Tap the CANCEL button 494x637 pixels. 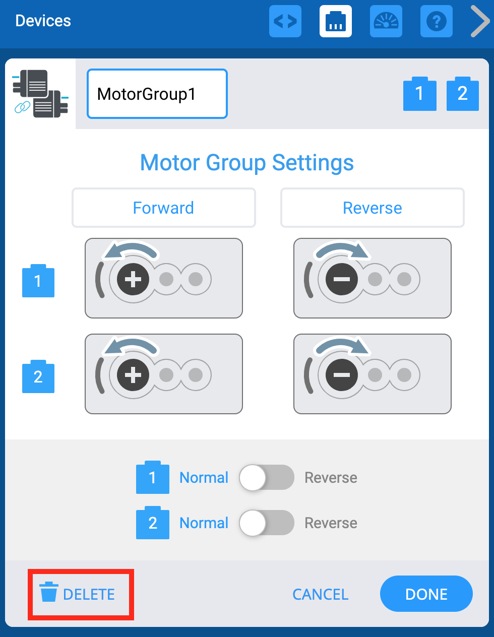click(x=320, y=594)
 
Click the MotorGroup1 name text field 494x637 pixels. click(x=157, y=94)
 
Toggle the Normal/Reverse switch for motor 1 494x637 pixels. click(x=266, y=477)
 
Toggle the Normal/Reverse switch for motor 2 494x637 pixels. click(x=266, y=523)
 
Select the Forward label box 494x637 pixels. click(x=163, y=208)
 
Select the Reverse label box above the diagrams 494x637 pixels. click(x=372, y=208)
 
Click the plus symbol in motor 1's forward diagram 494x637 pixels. click(x=133, y=279)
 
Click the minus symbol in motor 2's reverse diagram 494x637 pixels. click(x=342, y=374)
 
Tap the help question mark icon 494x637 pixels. click(x=436, y=21)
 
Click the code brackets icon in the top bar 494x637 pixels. click(x=285, y=21)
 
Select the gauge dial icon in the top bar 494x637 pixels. click(x=386, y=21)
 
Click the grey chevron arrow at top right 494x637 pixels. click(x=479, y=21)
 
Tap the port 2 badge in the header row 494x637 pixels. click(x=462, y=94)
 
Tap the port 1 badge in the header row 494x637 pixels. click(x=419, y=94)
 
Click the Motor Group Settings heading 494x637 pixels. click(x=247, y=162)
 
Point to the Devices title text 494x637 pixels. click(x=43, y=21)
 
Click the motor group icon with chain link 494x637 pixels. click(x=40, y=94)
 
